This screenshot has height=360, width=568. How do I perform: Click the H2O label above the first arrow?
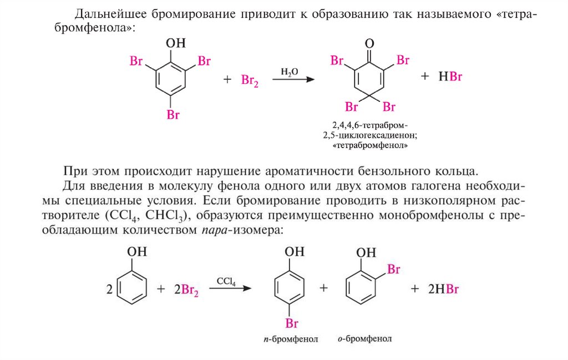(289, 72)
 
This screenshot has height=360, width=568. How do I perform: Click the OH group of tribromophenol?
(176, 43)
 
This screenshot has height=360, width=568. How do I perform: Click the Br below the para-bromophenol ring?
(292, 323)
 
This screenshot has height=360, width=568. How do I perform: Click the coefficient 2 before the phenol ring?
(109, 289)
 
